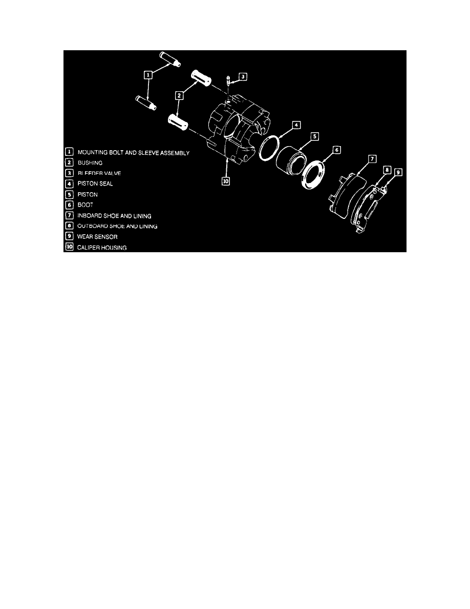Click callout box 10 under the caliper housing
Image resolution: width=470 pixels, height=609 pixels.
tap(226, 180)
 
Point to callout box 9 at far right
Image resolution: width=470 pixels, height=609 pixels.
tap(398, 172)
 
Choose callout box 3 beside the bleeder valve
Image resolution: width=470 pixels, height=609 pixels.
tap(243, 77)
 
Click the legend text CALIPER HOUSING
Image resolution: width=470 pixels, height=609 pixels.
tap(103, 248)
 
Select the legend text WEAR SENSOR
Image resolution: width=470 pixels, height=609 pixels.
tap(97, 237)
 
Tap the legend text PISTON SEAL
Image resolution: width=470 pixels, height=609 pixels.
tap(95, 184)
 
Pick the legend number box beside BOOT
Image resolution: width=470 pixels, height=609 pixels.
tap(68, 206)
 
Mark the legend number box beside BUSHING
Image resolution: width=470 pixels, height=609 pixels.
tap(68, 163)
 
